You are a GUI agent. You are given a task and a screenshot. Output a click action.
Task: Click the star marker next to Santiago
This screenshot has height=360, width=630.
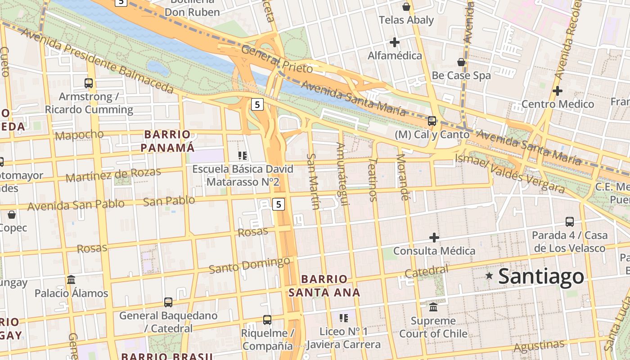489,275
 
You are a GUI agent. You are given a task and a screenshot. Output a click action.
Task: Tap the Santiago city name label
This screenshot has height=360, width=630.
541,276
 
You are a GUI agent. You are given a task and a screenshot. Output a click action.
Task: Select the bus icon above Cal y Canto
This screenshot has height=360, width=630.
432,121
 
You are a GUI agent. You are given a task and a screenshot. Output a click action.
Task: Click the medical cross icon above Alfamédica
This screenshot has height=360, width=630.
395,42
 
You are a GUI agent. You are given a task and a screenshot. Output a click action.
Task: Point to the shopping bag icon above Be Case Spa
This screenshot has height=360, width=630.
461,62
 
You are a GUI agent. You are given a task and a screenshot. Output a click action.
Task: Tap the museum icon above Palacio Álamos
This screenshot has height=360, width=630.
71,279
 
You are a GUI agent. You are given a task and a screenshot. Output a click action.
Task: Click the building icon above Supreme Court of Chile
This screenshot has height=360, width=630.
433,307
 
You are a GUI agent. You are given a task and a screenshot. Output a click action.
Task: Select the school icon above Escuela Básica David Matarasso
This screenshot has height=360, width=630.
243,156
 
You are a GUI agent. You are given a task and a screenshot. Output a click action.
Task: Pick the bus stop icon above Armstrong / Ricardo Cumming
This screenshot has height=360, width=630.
89,83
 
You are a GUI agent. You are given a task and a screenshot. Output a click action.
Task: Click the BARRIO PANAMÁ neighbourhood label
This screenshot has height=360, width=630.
167,141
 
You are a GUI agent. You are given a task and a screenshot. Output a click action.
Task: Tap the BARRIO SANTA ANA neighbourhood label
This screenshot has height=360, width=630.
324,286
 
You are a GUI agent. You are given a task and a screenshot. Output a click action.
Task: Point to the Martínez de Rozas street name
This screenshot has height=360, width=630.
113,175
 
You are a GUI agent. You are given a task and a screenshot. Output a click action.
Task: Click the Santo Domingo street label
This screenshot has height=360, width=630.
249,265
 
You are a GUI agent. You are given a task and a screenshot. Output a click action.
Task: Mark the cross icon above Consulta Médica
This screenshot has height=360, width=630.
434,237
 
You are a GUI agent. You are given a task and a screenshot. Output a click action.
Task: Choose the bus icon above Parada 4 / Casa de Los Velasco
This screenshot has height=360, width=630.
570,221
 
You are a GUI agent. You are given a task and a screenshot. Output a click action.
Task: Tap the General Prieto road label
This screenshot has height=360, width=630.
277,59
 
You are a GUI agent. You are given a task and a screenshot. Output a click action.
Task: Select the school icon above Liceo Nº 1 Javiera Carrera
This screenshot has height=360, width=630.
344,318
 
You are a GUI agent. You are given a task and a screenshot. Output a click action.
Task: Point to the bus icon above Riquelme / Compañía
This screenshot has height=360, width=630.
267,320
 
